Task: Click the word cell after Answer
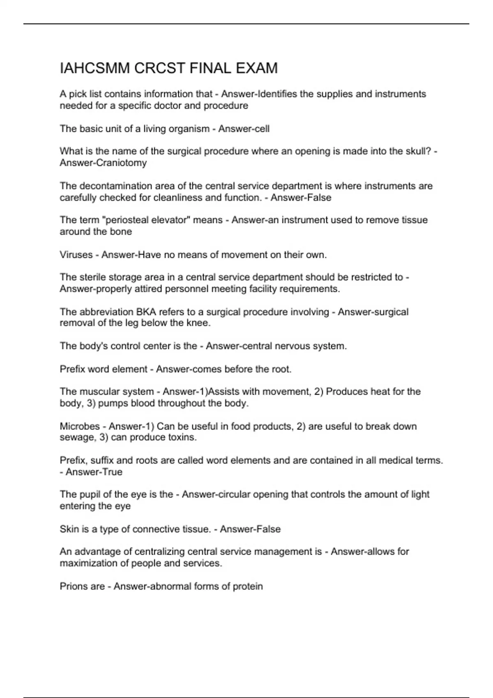click(x=261, y=129)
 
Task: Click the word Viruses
click(x=76, y=255)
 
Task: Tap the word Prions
click(x=73, y=586)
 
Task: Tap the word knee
click(x=200, y=323)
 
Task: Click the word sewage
click(x=77, y=438)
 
